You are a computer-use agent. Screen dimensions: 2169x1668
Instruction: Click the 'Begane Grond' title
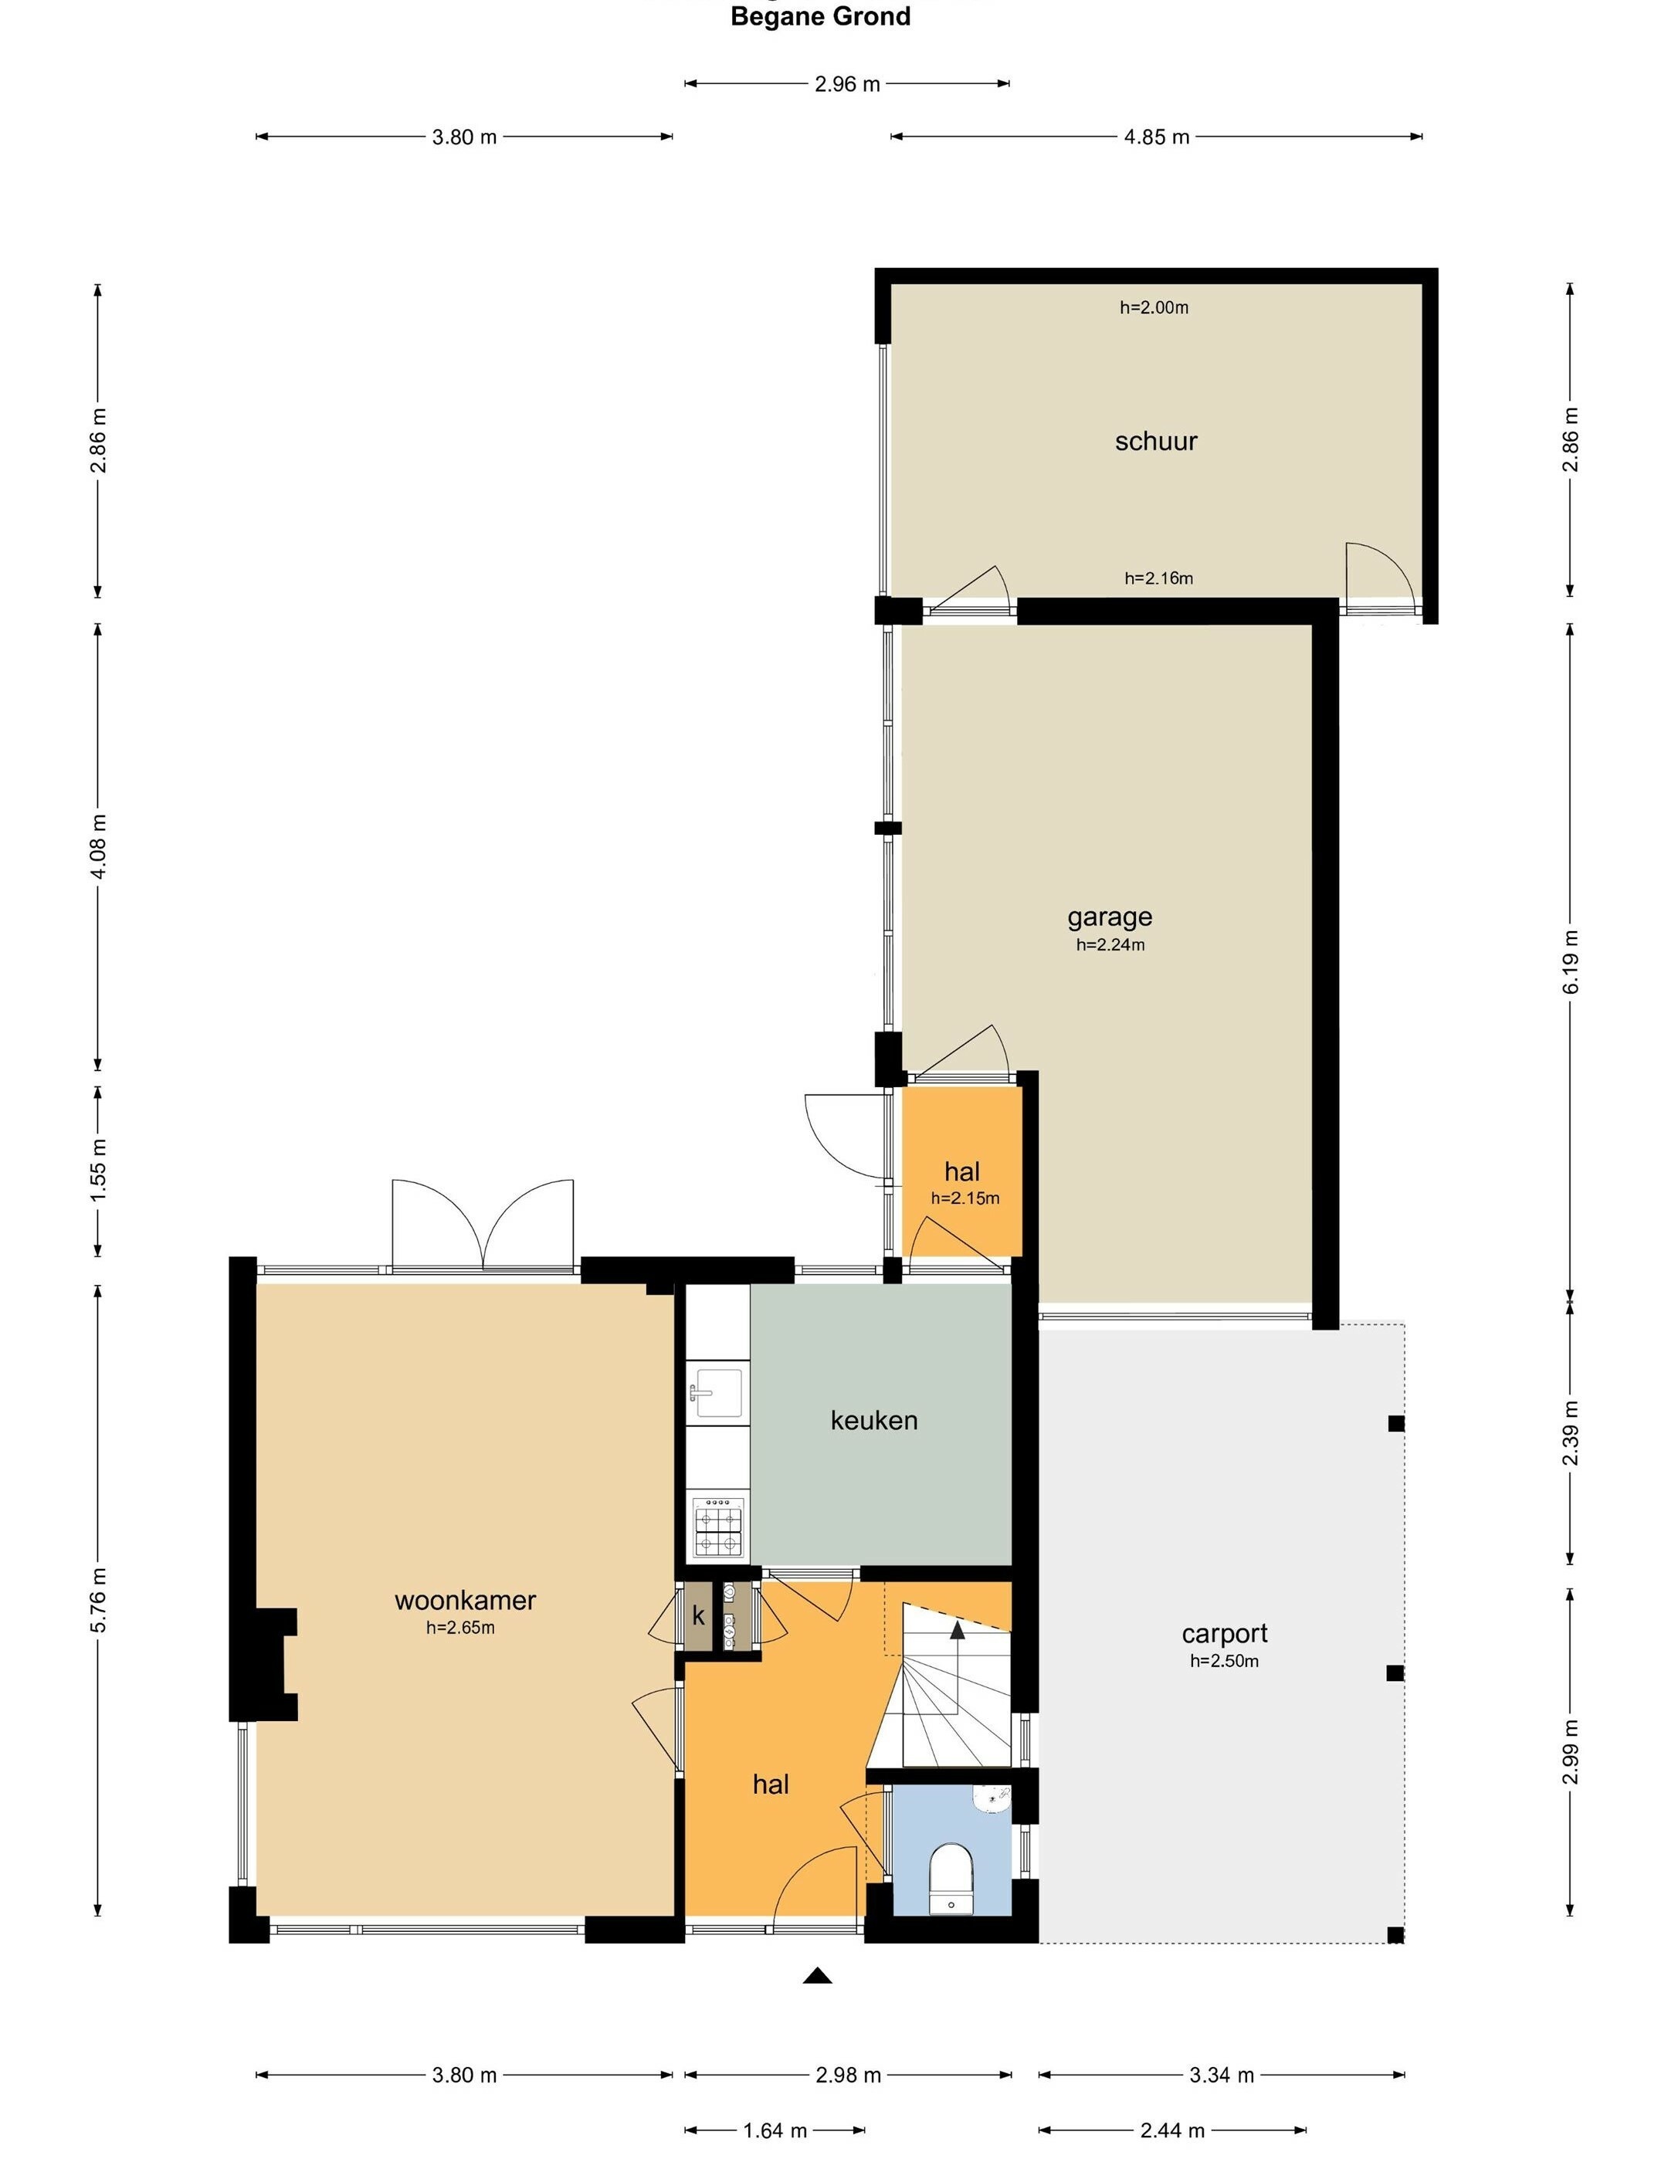[820, 17]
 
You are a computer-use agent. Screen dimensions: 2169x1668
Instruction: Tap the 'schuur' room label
[1156, 441]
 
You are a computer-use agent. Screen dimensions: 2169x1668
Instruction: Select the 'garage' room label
[1109, 917]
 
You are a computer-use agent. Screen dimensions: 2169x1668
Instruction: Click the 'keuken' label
[873, 1421]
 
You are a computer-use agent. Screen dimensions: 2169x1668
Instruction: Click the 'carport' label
[1224, 1633]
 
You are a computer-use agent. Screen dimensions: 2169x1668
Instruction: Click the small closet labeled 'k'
[698, 1616]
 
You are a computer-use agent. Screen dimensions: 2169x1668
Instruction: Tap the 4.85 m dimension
[1156, 137]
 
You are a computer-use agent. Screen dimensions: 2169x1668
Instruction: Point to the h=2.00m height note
[1154, 308]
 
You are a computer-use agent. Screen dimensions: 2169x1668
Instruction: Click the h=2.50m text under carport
[1223, 1662]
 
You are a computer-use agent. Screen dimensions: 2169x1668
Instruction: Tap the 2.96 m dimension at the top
[847, 84]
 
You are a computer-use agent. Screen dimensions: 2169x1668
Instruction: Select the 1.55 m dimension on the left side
[98, 1171]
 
